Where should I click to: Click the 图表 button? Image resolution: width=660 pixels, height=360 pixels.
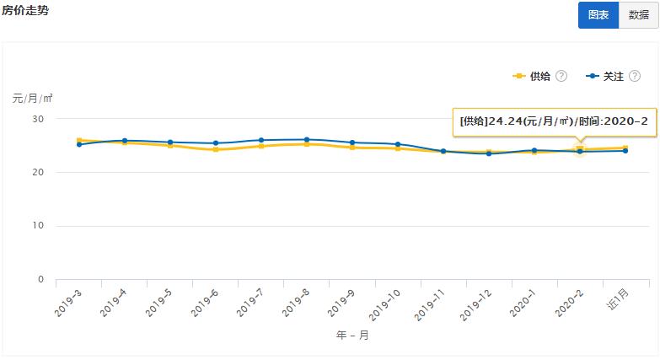pyautogui.click(x=598, y=15)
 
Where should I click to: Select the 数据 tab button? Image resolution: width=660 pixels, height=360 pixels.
pyautogui.click(x=639, y=15)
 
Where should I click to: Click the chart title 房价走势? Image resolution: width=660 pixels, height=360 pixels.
pyautogui.click(x=25, y=10)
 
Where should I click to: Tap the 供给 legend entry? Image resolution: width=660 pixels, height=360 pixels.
pyautogui.click(x=533, y=77)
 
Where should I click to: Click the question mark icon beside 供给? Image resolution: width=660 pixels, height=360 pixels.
pyautogui.click(x=561, y=77)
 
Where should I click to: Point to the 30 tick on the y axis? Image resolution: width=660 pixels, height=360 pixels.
pyautogui.click(x=37, y=119)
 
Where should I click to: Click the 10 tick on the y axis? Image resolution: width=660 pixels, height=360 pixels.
pyautogui.click(x=37, y=226)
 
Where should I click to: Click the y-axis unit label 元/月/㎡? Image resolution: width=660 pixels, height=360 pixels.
pyautogui.click(x=32, y=98)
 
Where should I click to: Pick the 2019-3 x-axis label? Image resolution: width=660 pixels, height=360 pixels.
pyautogui.click(x=68, y=303)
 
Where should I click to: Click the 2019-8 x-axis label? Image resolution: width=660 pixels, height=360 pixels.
pyautogui.click(x=296, y=303)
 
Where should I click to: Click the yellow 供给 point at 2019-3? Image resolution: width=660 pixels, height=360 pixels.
pyautogui.click(x=79, y=141)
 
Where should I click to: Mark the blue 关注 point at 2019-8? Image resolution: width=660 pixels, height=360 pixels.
pyautogui.click(x=307, y=140)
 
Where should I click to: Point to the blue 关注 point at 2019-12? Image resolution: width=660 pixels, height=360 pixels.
pyautogui.click(x=489, y=153)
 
